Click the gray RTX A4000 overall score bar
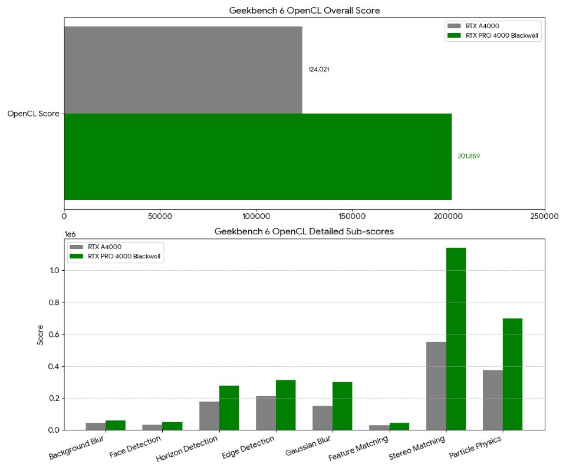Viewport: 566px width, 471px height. click(183, 69)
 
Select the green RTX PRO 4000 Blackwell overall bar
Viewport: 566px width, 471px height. click(258, 157)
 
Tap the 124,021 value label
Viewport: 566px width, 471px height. click(318, 69)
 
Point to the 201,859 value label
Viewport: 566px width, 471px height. click(469, 157)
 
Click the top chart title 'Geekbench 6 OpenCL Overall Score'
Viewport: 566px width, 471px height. click(304, 11)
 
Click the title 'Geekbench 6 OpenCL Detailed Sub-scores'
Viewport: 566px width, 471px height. click(304, 232)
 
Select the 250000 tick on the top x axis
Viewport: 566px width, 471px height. click(544, 217)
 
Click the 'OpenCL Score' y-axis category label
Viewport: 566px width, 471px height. click(33, 114)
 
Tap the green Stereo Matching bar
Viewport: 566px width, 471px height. click(456, 339)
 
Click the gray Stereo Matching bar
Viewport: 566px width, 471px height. click(436, 386)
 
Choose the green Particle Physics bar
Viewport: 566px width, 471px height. click(512, 374)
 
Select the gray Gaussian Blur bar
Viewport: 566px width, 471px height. click(323, 418)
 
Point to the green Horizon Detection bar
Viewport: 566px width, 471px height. click(229, 407)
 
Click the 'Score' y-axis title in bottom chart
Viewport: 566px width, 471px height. click(41, 334)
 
